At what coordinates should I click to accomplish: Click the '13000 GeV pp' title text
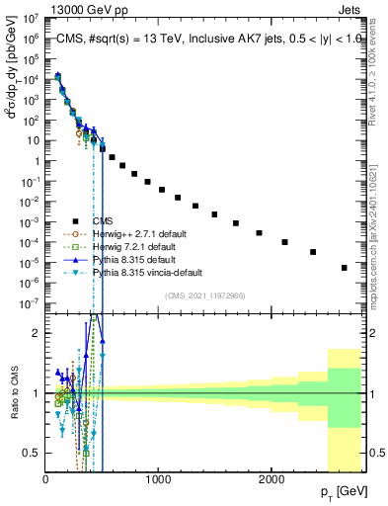[50, 7]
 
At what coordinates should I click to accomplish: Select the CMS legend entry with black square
[101, 221]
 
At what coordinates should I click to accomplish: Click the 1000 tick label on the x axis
[158, 479]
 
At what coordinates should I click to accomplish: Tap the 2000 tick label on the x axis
[271, 479]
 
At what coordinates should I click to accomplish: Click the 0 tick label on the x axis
[45, 479]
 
